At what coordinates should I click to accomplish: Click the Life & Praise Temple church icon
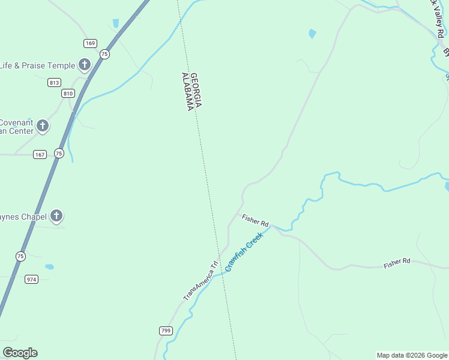tap(85, 65)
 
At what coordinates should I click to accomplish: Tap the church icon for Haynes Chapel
tap(57, 216)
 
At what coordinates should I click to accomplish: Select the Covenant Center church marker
tap(43, 126)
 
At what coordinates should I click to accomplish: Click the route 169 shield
tap(90, 43)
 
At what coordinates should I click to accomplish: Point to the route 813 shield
tap(55, 83)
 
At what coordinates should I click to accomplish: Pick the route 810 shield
tap(68, 93)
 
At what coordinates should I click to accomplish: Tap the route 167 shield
tap(40, 154)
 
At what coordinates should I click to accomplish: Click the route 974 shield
tap(32, 279)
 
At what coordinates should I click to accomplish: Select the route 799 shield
tap(166, 331)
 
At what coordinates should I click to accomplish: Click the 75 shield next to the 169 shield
tap(105, 53)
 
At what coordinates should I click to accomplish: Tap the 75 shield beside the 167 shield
tap(58, 153)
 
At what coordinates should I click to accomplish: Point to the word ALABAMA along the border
tap(188, 91)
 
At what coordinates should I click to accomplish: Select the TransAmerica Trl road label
tap(200, 280)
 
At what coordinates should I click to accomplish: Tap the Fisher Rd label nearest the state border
tap(255, 220)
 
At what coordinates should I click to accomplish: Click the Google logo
tap(20, 353)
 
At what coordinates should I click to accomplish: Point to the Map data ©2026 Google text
tap(411, 355)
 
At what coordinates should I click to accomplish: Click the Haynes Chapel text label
tap(23, 216)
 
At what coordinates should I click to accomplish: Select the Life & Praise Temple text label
tap(37, 65)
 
